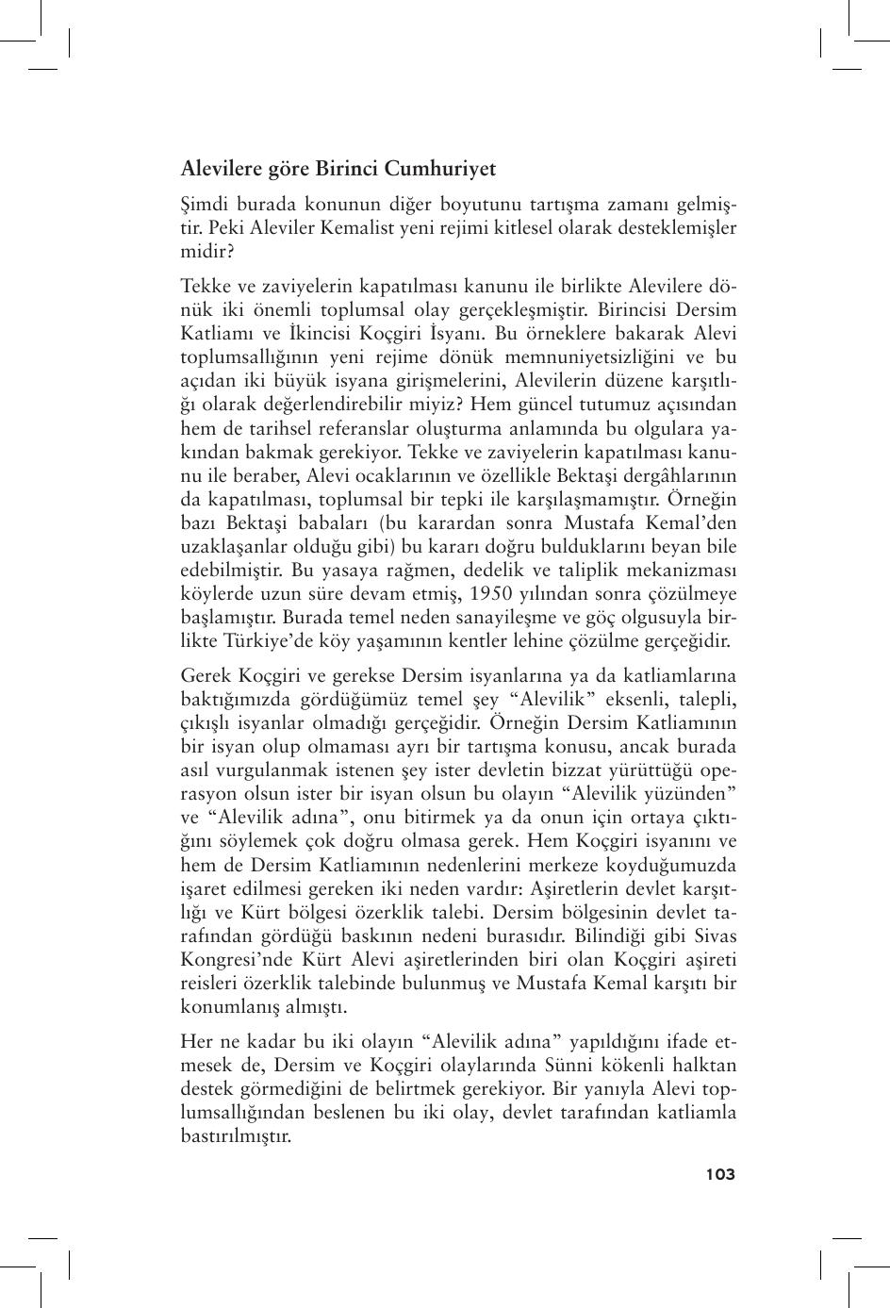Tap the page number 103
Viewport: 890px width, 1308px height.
tap(719, 1174)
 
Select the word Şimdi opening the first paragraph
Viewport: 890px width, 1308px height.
tap(204, 205)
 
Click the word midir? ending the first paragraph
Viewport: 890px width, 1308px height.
tap(206, 252)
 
